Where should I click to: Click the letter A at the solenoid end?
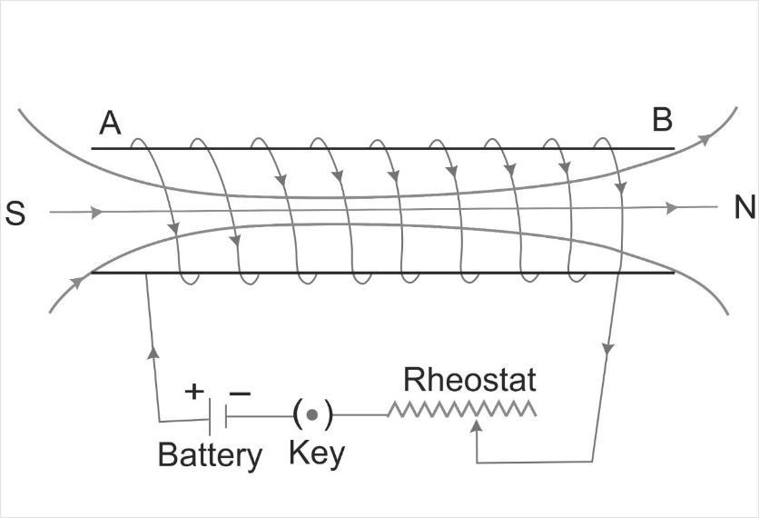pyautogui.click(x=110, y=123)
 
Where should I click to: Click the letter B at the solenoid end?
pyautogui.click(x=662, y=120)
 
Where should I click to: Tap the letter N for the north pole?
pyautogui.click(x=744, y=208)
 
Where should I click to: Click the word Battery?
pyautogui.click(x=210, y=454)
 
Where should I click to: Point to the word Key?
pyautogui.click(x=317, y=452)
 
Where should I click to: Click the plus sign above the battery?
pyautogui.click(x=194, y=391)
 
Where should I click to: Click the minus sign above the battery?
pyautogui.click(x=239, y=392)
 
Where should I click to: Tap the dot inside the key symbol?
pyautogui.click(x=311, y=415)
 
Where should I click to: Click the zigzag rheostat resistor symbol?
pyautogui.click(x=461, y=411)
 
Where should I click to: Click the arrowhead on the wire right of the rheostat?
pyautogui.click(x=606, y=351)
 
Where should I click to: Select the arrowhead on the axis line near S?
pyautogui.click(x=97, y=213)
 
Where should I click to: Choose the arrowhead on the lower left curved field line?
pyautogui.click(x=74, y=283)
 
